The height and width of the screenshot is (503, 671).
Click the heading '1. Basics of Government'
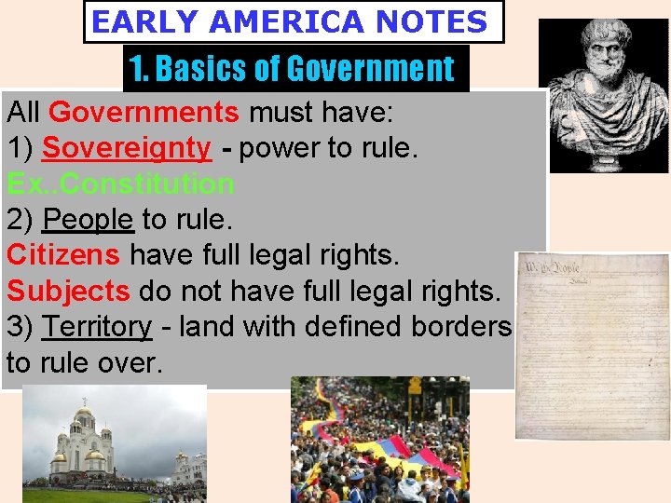pyautogui.click(x=292, y=68)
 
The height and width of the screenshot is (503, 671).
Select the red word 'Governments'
pyautogui.click(x=144, y=114)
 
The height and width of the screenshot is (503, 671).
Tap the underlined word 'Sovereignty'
pyautogui.click(x=127, y=148)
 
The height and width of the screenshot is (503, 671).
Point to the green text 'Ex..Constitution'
pyautogui.click(x=120, y=184)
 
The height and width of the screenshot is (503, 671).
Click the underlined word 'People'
pyautogui.click(x=88, y=220)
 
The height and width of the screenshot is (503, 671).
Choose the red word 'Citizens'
pyautogui.click(x=63, y=254)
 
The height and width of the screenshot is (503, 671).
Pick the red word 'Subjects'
pyautogui.click(x=69, y=291)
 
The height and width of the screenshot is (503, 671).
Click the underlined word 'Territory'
pyautogui.click(x=97, y=327)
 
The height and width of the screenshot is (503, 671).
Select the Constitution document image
pyautogui.click(x=592, y=345)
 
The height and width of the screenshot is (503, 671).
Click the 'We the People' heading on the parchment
pyautogui.click(x=550, y=269)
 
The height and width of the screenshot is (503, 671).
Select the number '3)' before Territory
pyautogui.click(x=21, y=327)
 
